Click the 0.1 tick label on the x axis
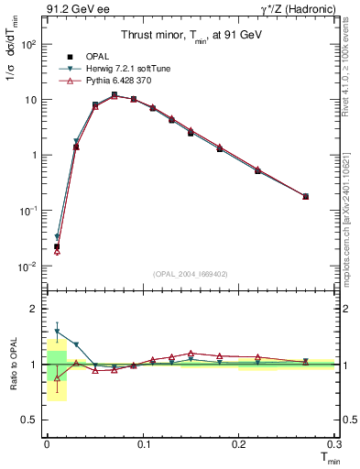[x=143, y=444]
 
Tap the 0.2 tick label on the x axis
[x=238, y=444]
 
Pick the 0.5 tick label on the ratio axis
[x=29, y=420]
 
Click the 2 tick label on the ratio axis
[x=35, y=309]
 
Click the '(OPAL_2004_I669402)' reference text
[x=189, y=273]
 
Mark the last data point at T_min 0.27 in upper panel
[x=305, y=196]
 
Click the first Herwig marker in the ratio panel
[x=57, y=332]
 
